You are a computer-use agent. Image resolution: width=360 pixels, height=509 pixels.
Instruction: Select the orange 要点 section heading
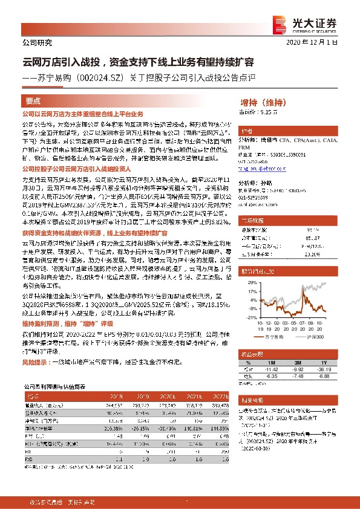click(33, 102)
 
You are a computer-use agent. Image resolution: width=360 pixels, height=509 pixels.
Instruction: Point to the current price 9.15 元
click(258, 112)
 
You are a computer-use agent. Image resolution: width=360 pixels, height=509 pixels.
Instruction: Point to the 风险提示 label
click(34, 363)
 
